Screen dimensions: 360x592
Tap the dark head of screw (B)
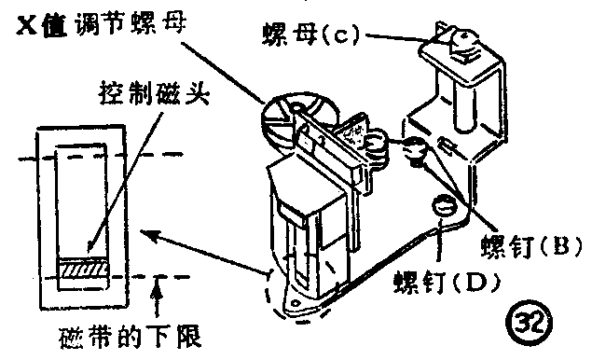coord(412,146)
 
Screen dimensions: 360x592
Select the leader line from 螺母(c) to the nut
coord(392,37)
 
